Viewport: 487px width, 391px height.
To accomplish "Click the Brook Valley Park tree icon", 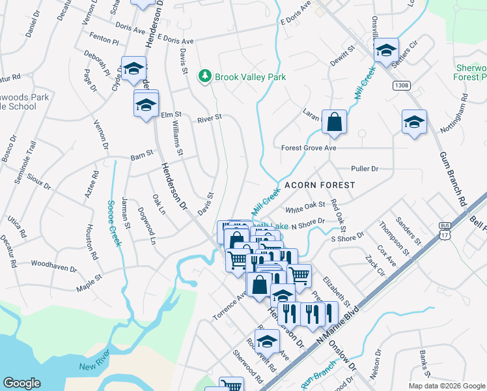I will point(206,77).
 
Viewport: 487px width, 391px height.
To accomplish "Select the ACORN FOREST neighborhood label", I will point(320,185).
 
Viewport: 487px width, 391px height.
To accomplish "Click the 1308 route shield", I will point(401,85).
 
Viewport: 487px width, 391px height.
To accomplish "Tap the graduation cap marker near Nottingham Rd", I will point(414,123).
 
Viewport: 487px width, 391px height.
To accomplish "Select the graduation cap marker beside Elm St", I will point(146,104).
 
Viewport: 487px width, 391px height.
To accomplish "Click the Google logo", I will point(22,383).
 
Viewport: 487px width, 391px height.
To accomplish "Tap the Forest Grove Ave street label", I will point(309,148).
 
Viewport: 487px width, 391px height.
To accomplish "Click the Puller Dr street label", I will point(365,169).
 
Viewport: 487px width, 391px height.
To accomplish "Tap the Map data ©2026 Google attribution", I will point(446,386).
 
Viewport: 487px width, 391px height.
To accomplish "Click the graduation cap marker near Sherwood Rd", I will point(267,341).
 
